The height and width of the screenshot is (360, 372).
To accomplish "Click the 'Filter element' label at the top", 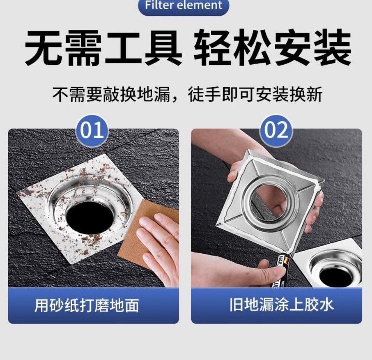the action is (x=184, y=5).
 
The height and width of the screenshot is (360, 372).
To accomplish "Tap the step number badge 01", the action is (x=92, y=130).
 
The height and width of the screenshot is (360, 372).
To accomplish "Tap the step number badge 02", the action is (x=276, y=130).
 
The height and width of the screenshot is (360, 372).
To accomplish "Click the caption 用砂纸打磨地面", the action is (x=87, y=305).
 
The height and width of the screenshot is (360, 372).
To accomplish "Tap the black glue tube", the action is (x=283, y=270).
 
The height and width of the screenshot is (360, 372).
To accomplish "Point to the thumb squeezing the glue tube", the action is (x=269, y=273).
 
